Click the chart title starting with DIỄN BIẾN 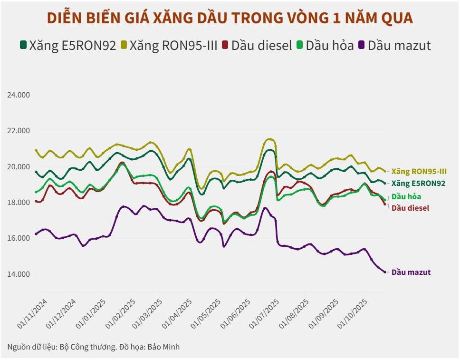coord(230,18)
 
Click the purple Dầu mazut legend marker coord(362,46)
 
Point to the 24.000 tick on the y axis coord(19,95)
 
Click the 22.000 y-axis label coord(19,131)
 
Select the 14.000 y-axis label coord(19,274)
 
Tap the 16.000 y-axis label coord(19,238)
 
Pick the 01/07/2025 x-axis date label coord(266,314)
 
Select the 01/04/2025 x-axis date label coord(178,314)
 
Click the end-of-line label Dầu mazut coord(411,272)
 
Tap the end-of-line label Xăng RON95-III coord(419,171)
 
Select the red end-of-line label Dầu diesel coord(410,208)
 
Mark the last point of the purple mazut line coord(385,272)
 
